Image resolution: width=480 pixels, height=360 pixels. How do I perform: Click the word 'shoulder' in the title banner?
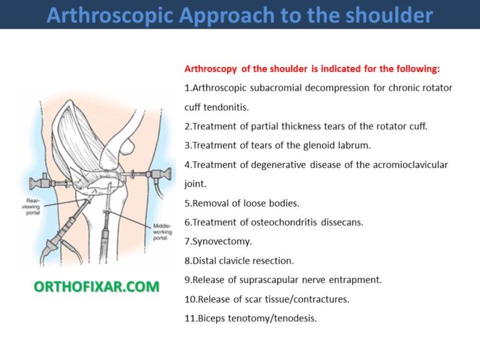click(385, 15)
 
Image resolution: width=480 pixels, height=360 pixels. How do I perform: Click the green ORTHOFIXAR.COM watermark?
click(96, 286)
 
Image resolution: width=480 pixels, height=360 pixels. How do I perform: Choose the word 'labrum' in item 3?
click(354, 146)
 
